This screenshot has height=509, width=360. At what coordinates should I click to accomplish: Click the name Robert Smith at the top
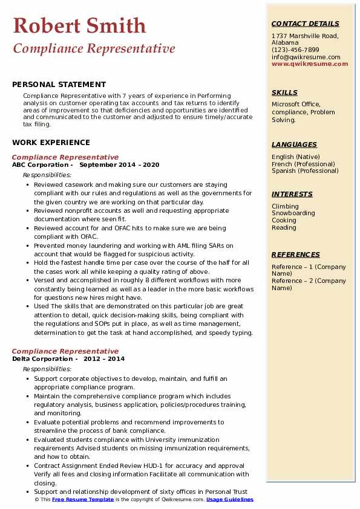pos(79,25)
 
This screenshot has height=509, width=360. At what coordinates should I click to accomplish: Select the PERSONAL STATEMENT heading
pos(59,85)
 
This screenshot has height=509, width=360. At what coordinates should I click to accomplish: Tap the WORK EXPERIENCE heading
pos(51,143)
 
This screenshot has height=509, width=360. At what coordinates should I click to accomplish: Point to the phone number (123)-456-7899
pos(295,50)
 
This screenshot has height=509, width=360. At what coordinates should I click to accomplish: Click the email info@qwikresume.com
pos(306,57)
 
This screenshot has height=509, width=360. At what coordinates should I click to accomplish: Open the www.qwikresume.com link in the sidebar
pos(306,63)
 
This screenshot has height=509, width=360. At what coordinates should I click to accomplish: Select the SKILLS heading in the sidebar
pos(284,92)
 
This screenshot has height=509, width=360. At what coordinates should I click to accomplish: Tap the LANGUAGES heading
pos(294,144)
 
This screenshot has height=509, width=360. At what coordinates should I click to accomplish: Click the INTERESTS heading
pos(292,194)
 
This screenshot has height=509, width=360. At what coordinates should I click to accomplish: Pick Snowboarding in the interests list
pos(293,213)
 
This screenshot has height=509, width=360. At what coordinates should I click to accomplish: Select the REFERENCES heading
pos(296,254)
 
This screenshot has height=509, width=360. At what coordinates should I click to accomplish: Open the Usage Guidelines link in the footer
pos(230,500)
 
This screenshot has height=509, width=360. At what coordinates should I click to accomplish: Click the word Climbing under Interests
pos(285,206)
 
